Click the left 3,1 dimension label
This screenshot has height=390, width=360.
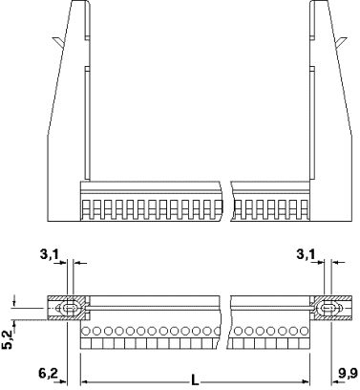pyautogui.click(x=50, y=254)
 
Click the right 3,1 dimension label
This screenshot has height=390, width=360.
pyautogui.click(x=306, y=254)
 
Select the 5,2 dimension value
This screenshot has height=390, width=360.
pyautogui.click(x=8, y=339)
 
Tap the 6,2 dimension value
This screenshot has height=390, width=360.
pyautogui.click(x=49, y=373)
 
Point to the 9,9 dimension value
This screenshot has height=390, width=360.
pyautogui.click(x=348, y=373)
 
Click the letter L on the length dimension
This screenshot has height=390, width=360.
pyautogui.click(x=195, y=379)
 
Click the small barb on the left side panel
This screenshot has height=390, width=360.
pyautogui.click(x=58, y=41)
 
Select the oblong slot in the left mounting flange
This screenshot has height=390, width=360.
pyautogui.click(x=70, y=308)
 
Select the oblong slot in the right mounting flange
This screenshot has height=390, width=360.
pyautogui.click(x=328, y=308)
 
